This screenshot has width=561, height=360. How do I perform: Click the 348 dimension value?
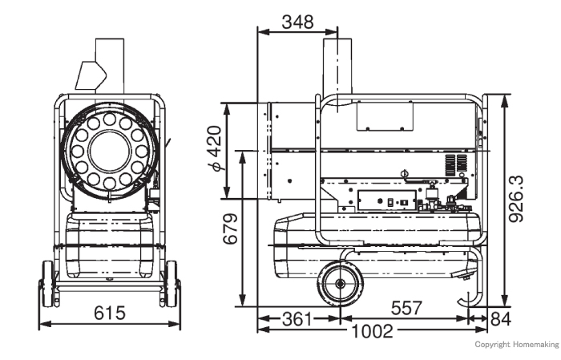click(x=297, y=22)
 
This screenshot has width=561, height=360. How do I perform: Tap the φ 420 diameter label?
click(x=216, y=148)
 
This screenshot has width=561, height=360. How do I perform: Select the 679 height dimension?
click(x=230, y=229)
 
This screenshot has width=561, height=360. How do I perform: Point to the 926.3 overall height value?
click(x=515, y=199)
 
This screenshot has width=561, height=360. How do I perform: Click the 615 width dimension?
click(x=110, y=313)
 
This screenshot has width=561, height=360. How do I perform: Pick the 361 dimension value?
click(x=297, y=319)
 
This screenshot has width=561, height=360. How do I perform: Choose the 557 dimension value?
click(x=406, y=308)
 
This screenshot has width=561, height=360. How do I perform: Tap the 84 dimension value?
click(x=501, y=319)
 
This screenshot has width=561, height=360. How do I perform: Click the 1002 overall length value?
click(x=373, y=331)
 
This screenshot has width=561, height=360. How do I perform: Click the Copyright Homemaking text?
click(x=517, y=345)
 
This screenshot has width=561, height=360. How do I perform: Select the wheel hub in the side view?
click(x=340, y=284)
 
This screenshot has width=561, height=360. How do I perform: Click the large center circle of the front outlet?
click(x=110, y=151)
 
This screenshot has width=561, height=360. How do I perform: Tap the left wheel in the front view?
click(x=47, y=284)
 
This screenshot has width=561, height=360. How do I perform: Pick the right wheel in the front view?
click(x=172, y=284)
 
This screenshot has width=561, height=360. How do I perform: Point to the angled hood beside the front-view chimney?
click(x=91, y=75)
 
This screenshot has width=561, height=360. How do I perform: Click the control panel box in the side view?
click(x=387, y=200)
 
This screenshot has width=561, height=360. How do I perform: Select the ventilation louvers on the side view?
click(x=456, y=166)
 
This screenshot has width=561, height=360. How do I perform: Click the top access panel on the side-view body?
click(x=385, y=116)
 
